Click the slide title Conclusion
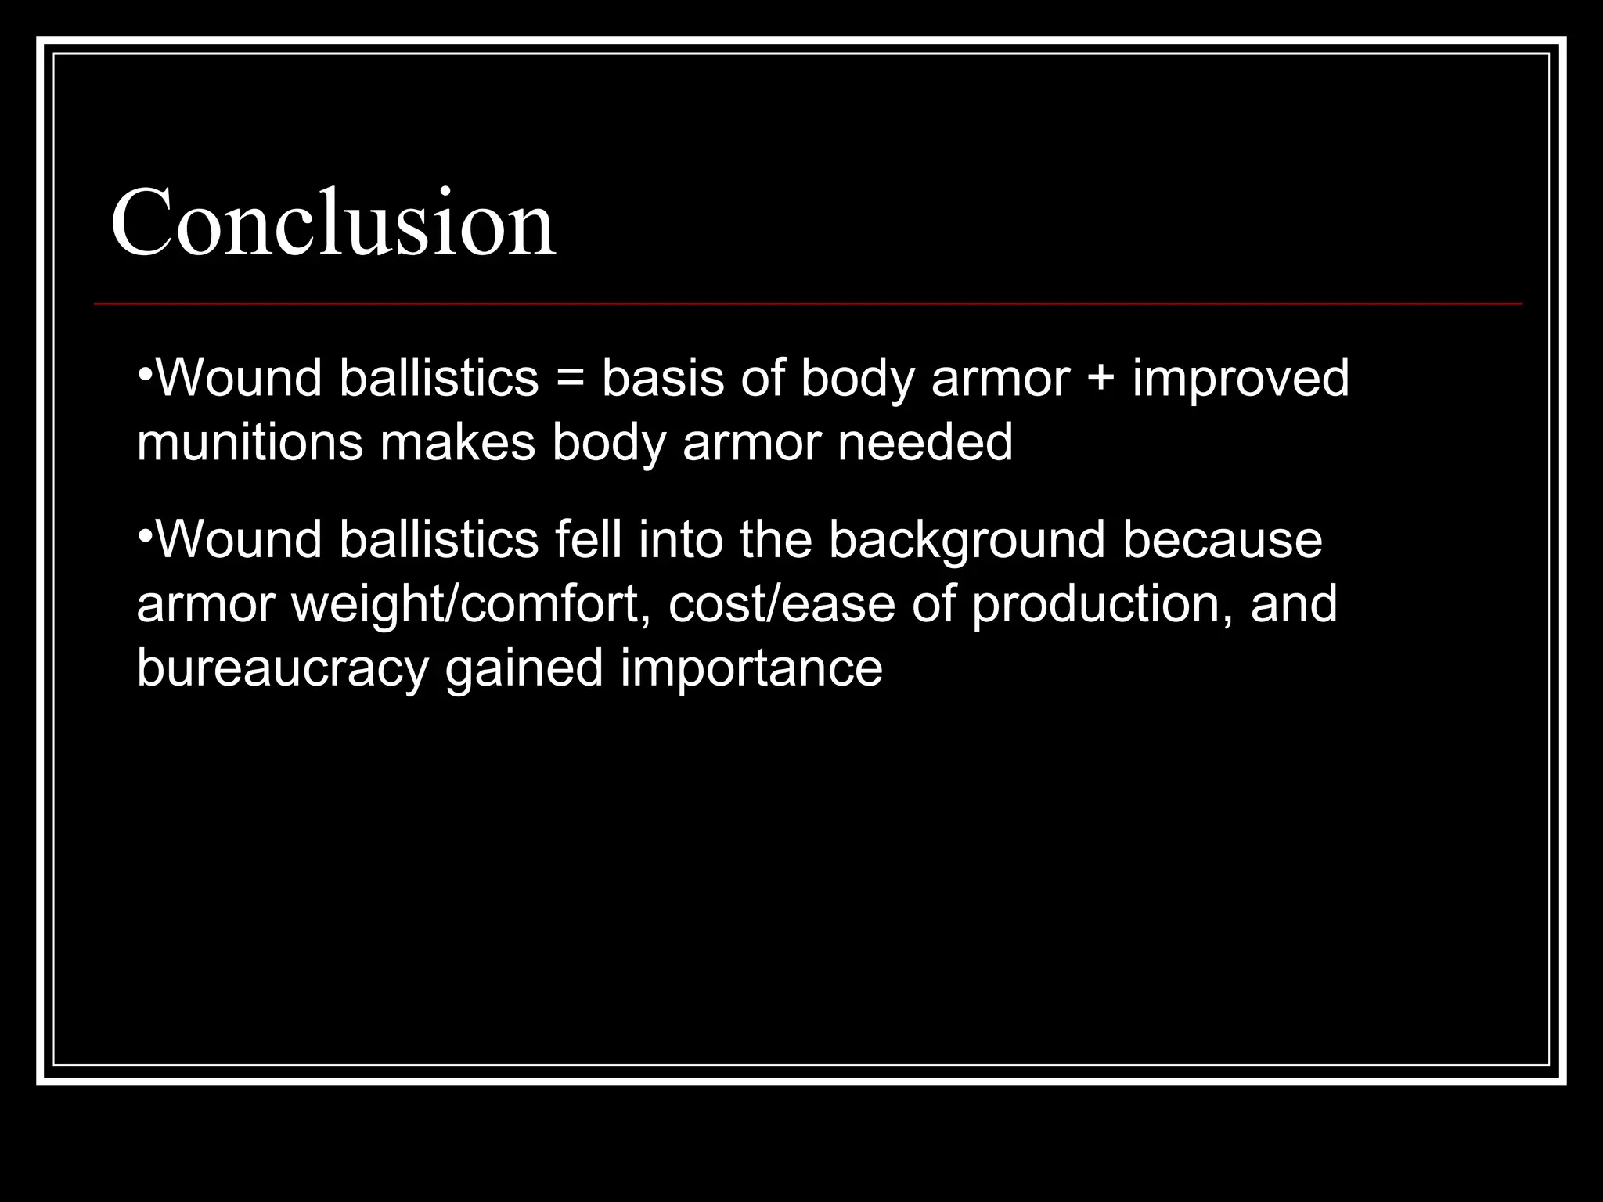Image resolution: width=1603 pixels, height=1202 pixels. pyautogui.click(x=333, y=222)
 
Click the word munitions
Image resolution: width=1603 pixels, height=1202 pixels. pyautogui.click(x=250, y=443)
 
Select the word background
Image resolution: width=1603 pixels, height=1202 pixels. pyautogui.click(x=967, y=542)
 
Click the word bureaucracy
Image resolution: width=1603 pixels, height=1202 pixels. pyautogui.click(x=283, y=670)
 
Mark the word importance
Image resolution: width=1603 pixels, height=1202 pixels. pyautogui.click(x=751, y=670)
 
